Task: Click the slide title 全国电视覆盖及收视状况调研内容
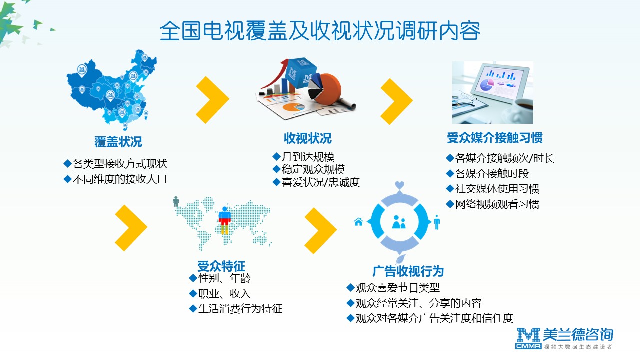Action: click(x=320, y=31)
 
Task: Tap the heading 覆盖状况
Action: click(x=118, y=141)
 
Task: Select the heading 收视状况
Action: click(x=307, y=138)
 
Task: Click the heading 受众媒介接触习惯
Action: click(x=495, y=138)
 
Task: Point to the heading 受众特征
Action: click(x=221, y=266)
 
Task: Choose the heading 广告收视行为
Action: click(x=408, y=271)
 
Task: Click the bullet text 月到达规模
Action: click(x=308, y=157)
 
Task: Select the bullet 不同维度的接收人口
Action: click(x=120, y=179)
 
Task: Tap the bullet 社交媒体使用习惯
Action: click(x=497, y=189)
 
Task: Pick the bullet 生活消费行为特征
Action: click(x=240, y=309)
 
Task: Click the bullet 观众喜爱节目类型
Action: click(x=397, y=288)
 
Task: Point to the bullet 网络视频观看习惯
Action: click(x=497, y=204)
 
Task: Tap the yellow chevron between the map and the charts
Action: click(x=212, y=99)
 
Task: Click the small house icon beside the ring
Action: click(x=358, y=221)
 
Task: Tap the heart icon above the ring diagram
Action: click(x=399, y=185)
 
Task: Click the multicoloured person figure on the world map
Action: click(x=225, y=220)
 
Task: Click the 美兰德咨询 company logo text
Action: click(x=578, y=335)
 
